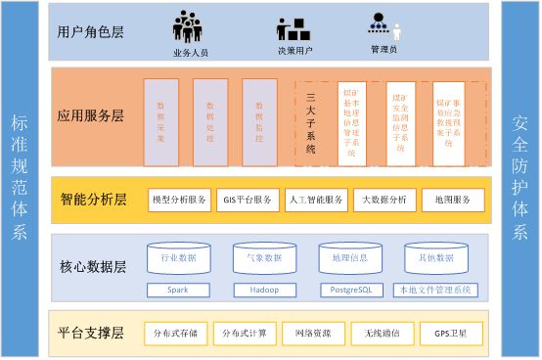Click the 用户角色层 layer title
click(x=91, y=30)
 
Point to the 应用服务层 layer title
click(x=91, y=115)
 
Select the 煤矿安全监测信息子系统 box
click(x=401, y=119)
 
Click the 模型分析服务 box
click(x=179, y=200)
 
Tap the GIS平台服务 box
click(x=247, y=200)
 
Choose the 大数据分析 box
click(x=384, y=200)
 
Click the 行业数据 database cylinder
click(x=178, y=258)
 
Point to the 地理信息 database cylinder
click(x=350, y=258)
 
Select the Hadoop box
click(x=263, y=291)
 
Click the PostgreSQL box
click(x=350, y=291)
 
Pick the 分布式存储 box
click(x=175, y=334)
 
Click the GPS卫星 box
click(x=451, y=334)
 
